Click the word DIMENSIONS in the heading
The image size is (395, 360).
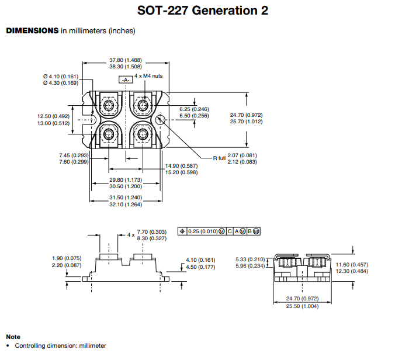tap(32, 30)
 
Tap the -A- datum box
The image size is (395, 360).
tap(126, 79)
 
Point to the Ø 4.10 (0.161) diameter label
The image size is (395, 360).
tap(60, 77)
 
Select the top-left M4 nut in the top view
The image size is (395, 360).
tap(109, 105)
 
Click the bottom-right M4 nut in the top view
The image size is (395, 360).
tap(143, 134)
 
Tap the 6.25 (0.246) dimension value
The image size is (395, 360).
tap(194, 109)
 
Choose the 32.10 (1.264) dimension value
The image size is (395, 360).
tap(126, 204)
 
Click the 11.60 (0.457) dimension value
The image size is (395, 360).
tap(351, 265)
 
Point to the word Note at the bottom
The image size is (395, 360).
tap(13, 337)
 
